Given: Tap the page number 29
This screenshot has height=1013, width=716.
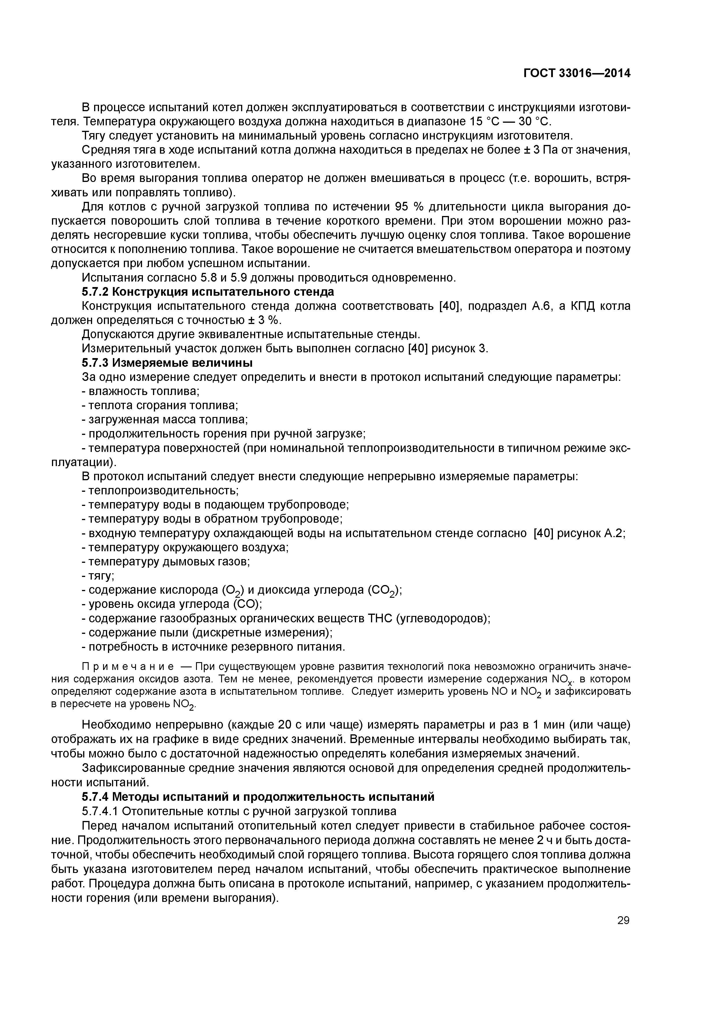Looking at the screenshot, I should click(x=623, y=920).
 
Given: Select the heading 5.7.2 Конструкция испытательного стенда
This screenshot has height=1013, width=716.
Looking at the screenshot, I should click(x=208, y=292).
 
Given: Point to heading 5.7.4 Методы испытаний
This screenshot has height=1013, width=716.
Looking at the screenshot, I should click(x=258, y=797).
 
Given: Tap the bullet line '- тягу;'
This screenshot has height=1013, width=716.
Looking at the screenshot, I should click(x=98, y=576).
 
